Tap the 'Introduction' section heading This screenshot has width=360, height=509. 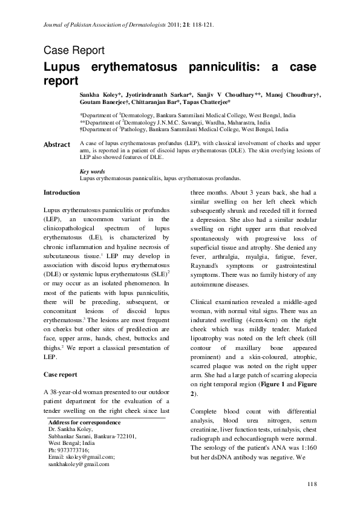62,192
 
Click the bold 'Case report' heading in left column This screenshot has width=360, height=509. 61,374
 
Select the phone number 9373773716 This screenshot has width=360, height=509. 73,450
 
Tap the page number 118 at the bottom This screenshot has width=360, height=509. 312,485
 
